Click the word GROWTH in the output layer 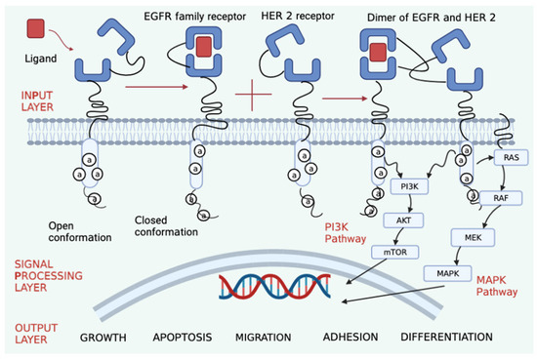click(x=104, y=338)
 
